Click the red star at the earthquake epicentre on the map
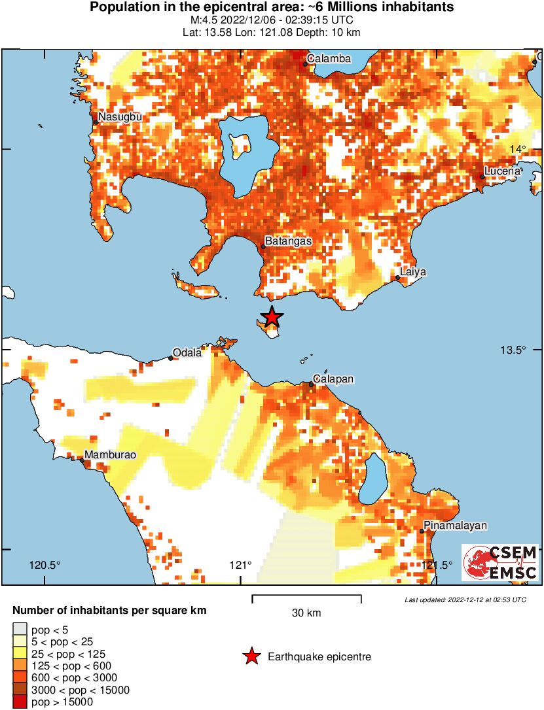[x=272, y=317]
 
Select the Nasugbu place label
[x=119, y=117]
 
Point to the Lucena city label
[x=502, y=171]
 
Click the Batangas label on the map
[x=288, y=241]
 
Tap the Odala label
[x=187, y=353]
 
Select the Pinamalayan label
[x=455, y=526]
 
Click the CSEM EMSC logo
[x=500, y=563]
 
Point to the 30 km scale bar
[x=306, y=596]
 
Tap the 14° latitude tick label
[x=518, y=149]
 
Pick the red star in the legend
[x=251, y=657]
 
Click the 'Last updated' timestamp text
[x=465, y=600]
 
